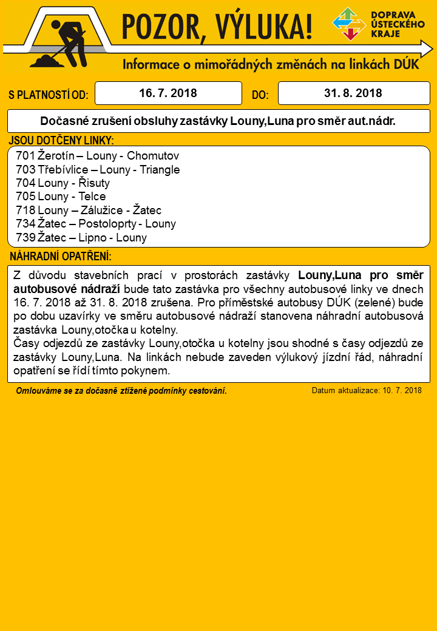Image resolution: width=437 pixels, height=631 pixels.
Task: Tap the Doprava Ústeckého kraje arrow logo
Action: tap(349, 24)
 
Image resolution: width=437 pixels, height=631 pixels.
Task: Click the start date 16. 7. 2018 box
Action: tap(168, 93)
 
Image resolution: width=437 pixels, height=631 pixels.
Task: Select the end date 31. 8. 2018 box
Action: tap(353, 93)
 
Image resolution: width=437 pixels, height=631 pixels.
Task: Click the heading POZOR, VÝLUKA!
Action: tap(217, 27)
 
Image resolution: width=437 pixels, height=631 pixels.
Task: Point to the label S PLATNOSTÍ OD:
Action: tap(49, 95)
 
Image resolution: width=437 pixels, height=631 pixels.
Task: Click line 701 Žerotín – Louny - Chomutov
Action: tap(97, 155)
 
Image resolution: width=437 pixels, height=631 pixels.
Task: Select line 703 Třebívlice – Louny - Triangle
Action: tap(98, 169)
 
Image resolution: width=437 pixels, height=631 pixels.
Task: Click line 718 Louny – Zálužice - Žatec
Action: tap(89, 211)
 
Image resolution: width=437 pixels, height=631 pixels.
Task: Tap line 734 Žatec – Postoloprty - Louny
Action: tap(96, 224)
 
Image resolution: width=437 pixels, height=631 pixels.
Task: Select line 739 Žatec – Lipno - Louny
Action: tap(81, 238)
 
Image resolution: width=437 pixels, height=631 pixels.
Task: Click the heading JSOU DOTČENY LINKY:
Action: tap(61, 141)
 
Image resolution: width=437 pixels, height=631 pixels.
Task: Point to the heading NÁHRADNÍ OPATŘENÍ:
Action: tap(61, 256)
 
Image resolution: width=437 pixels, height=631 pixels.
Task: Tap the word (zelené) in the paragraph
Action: tap(379, 302)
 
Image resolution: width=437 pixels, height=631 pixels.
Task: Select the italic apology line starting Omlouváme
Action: tap(121, 391)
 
